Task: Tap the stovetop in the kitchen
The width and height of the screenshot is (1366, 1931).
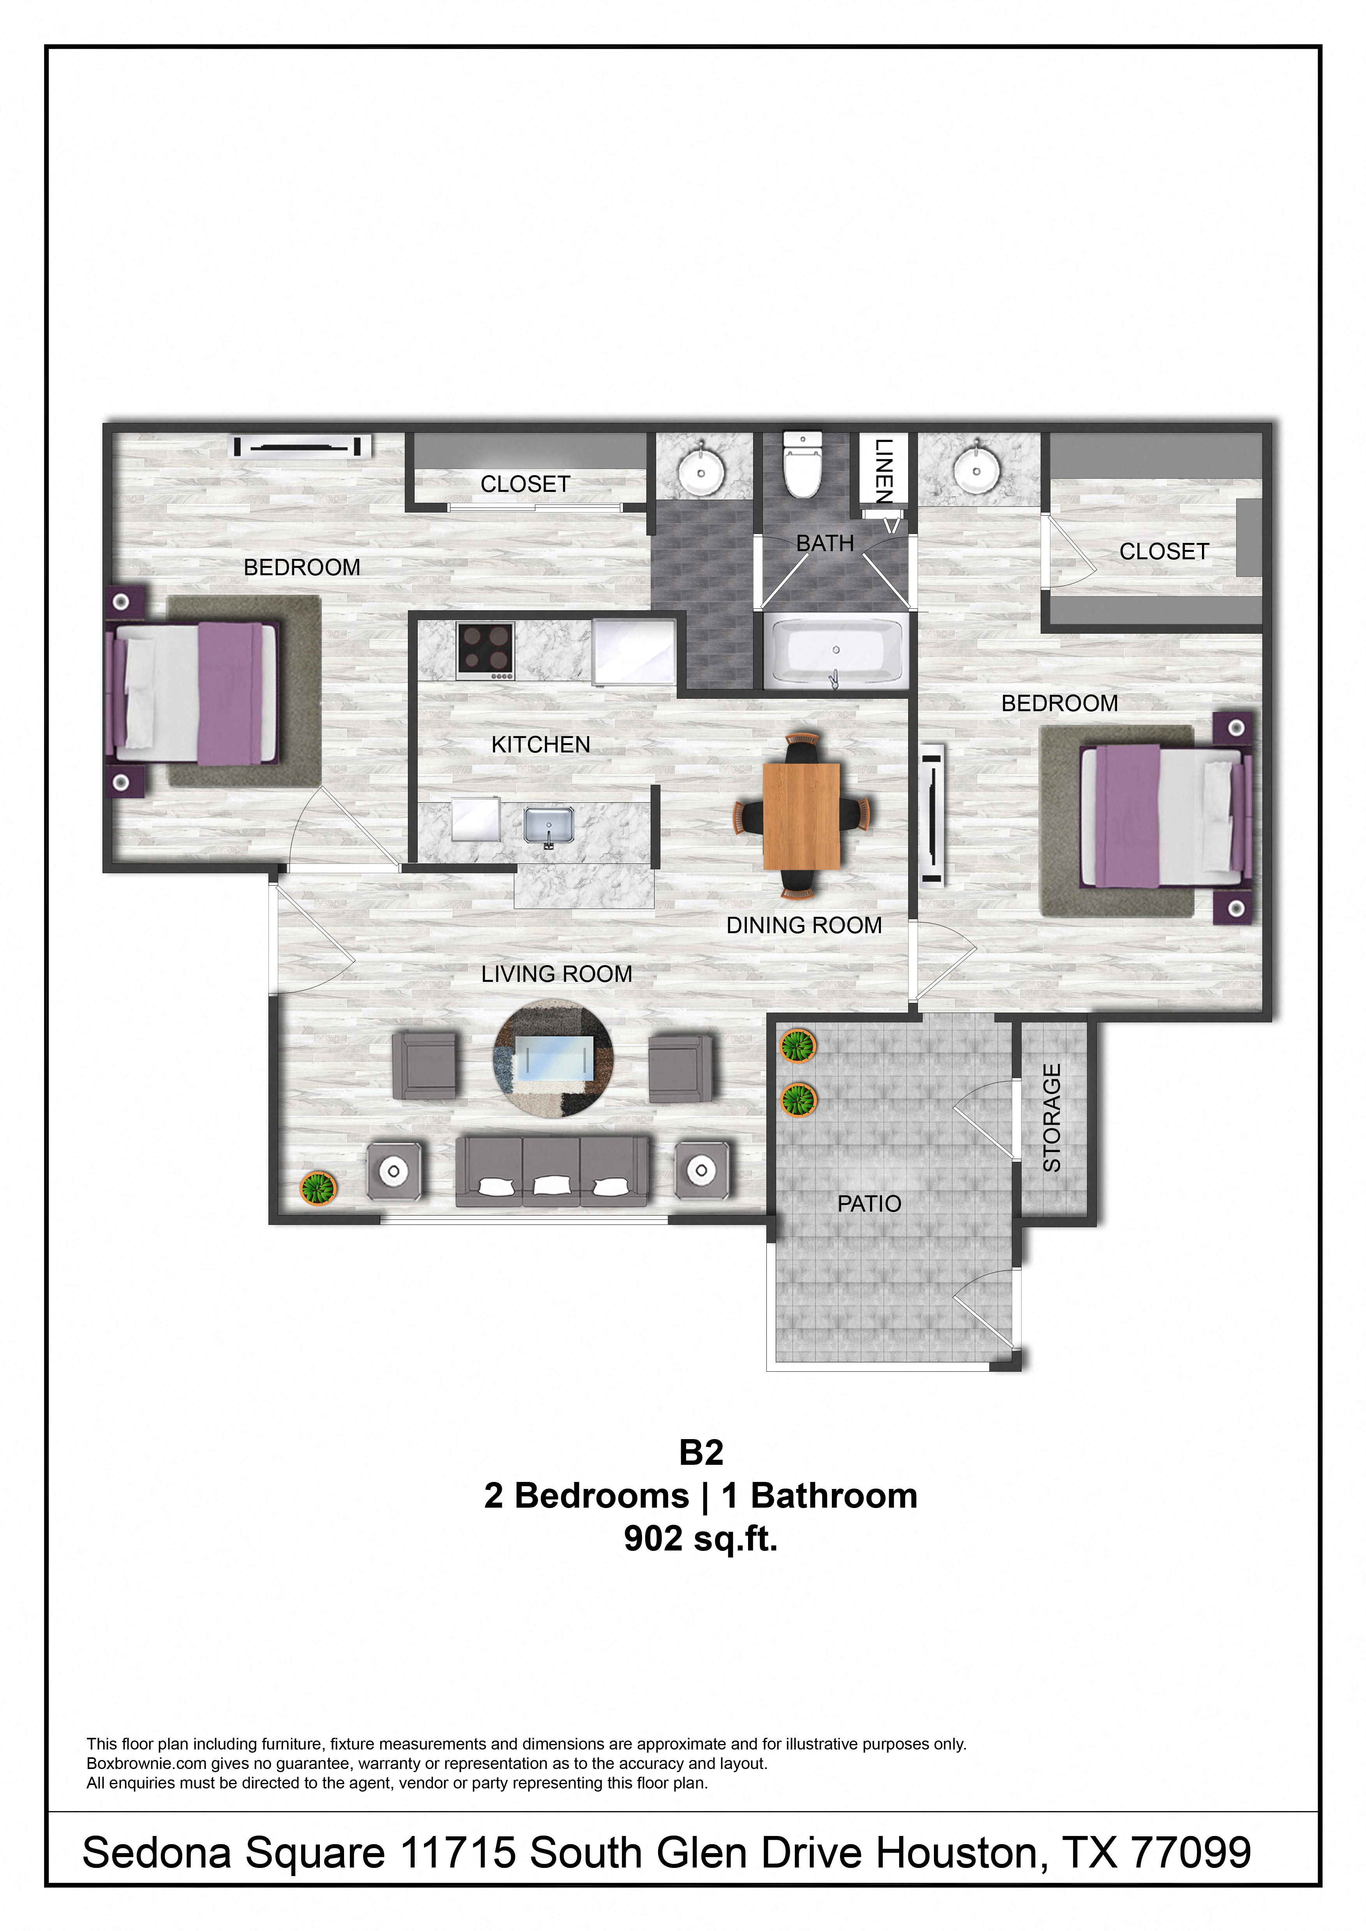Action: click(485, 650)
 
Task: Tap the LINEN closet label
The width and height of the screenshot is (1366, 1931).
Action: click(883, 471)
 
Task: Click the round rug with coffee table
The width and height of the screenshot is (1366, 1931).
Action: click(552, 1058)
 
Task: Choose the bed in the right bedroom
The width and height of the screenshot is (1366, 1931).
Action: click(1163, 817)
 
